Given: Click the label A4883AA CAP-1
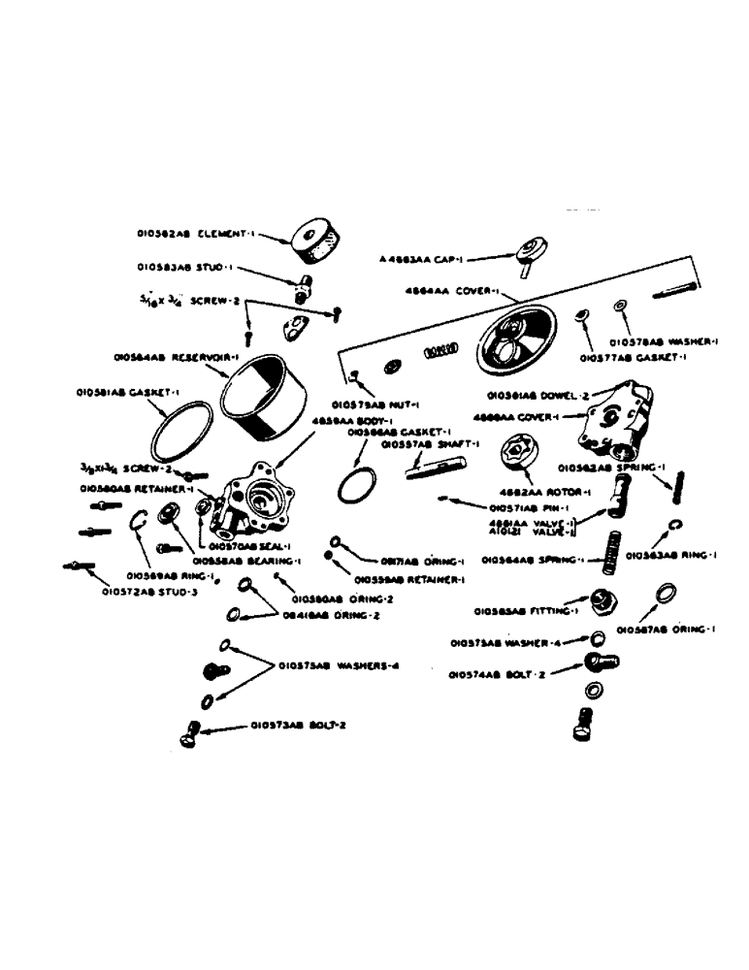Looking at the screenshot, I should click(x=424, y=260).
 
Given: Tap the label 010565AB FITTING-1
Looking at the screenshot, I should click(x=525, y=611).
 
